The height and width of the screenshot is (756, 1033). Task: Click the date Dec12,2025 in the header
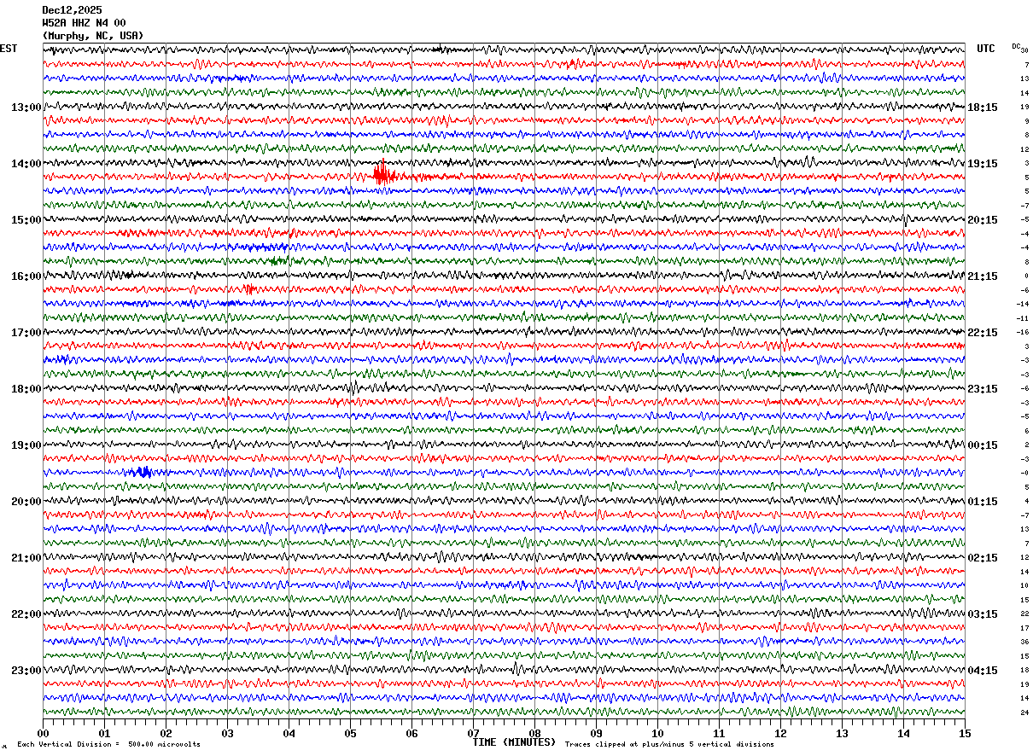(x=72, y=10)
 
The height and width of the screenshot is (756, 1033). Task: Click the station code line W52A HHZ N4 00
(x=84, y=23)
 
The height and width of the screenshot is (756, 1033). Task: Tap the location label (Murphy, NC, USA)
(x=93, y=36)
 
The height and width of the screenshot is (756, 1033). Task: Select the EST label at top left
(x=9, y=49)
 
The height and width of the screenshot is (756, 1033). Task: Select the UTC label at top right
(x=986, y=49)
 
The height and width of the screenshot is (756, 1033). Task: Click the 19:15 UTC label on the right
(x=983, y=164)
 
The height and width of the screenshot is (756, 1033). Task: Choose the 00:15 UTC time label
(x=983, y=445)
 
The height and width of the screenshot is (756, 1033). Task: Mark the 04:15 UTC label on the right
(x=983, y=671)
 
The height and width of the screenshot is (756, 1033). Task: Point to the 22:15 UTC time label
(x=983, y=333)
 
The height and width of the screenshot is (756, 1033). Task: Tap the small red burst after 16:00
(x=250, y=289)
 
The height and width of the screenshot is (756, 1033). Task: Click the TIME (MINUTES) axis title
(x=514, y=742)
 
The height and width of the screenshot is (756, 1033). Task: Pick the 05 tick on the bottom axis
(x=350, y=733)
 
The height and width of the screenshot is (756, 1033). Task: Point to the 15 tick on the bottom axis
(x=965, y=733)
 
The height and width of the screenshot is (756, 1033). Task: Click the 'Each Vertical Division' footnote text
(x=109, y=744)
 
